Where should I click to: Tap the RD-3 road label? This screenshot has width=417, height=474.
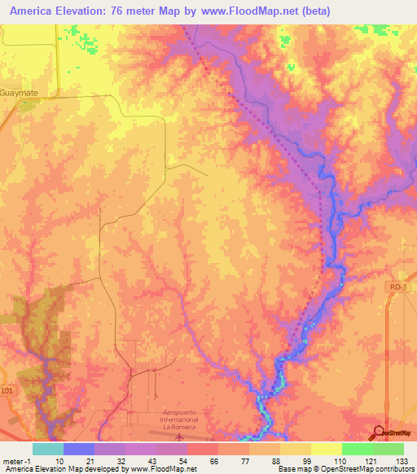pyautogui.click(x=397, y=286)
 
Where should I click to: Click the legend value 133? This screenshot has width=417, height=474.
pyautogui.click(x=403, y=460)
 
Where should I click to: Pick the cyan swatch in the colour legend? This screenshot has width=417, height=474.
pyautogui.click(x=48, y=449)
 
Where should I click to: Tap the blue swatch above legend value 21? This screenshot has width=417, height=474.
pyautogui.click(x=79, y=449)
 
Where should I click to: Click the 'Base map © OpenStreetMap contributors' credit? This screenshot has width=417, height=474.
pyautogui.click(x=345, y=469)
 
